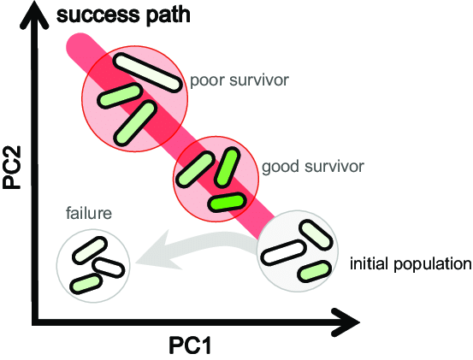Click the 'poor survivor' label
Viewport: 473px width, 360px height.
click(x=239, y=81)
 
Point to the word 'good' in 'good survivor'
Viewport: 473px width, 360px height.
click(x=281, y=165)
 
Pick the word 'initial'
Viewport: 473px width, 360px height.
click(x=369, y=263)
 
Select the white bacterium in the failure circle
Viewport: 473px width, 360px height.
click(x=109, y=266)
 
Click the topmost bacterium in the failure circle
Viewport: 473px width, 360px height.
click(x=88, y=249)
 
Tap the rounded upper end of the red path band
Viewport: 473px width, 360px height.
click(x=74, y=44)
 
